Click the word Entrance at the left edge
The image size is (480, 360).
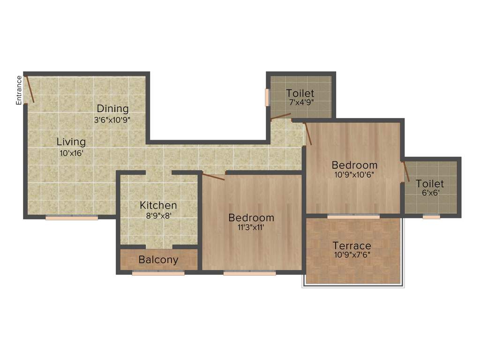(19, 90)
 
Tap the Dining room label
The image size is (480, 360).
(112, 109)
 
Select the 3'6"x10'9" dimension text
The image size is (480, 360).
(112, 120)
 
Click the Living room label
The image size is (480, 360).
(71, 142)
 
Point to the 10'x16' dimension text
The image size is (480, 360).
(71, 152)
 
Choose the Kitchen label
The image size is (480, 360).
(158, 205)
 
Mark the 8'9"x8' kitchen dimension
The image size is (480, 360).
(158, 216)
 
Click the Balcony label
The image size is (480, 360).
(158, 260)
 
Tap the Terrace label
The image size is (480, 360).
(352, 246)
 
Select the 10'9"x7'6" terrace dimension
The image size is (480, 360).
(352, 256)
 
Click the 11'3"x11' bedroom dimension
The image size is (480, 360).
(251, 228)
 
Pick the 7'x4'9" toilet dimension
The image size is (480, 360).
(300, 102)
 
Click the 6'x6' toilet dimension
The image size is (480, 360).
(430, 192)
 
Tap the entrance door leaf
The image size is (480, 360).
(30, 89)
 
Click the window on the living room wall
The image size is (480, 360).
(72, 217)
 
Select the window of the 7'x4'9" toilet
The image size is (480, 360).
(267, 97)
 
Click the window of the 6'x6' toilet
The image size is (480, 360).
(431, 217)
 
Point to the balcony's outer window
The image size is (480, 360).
(158, 273)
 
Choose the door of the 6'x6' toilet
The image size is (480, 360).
(406, 172)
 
